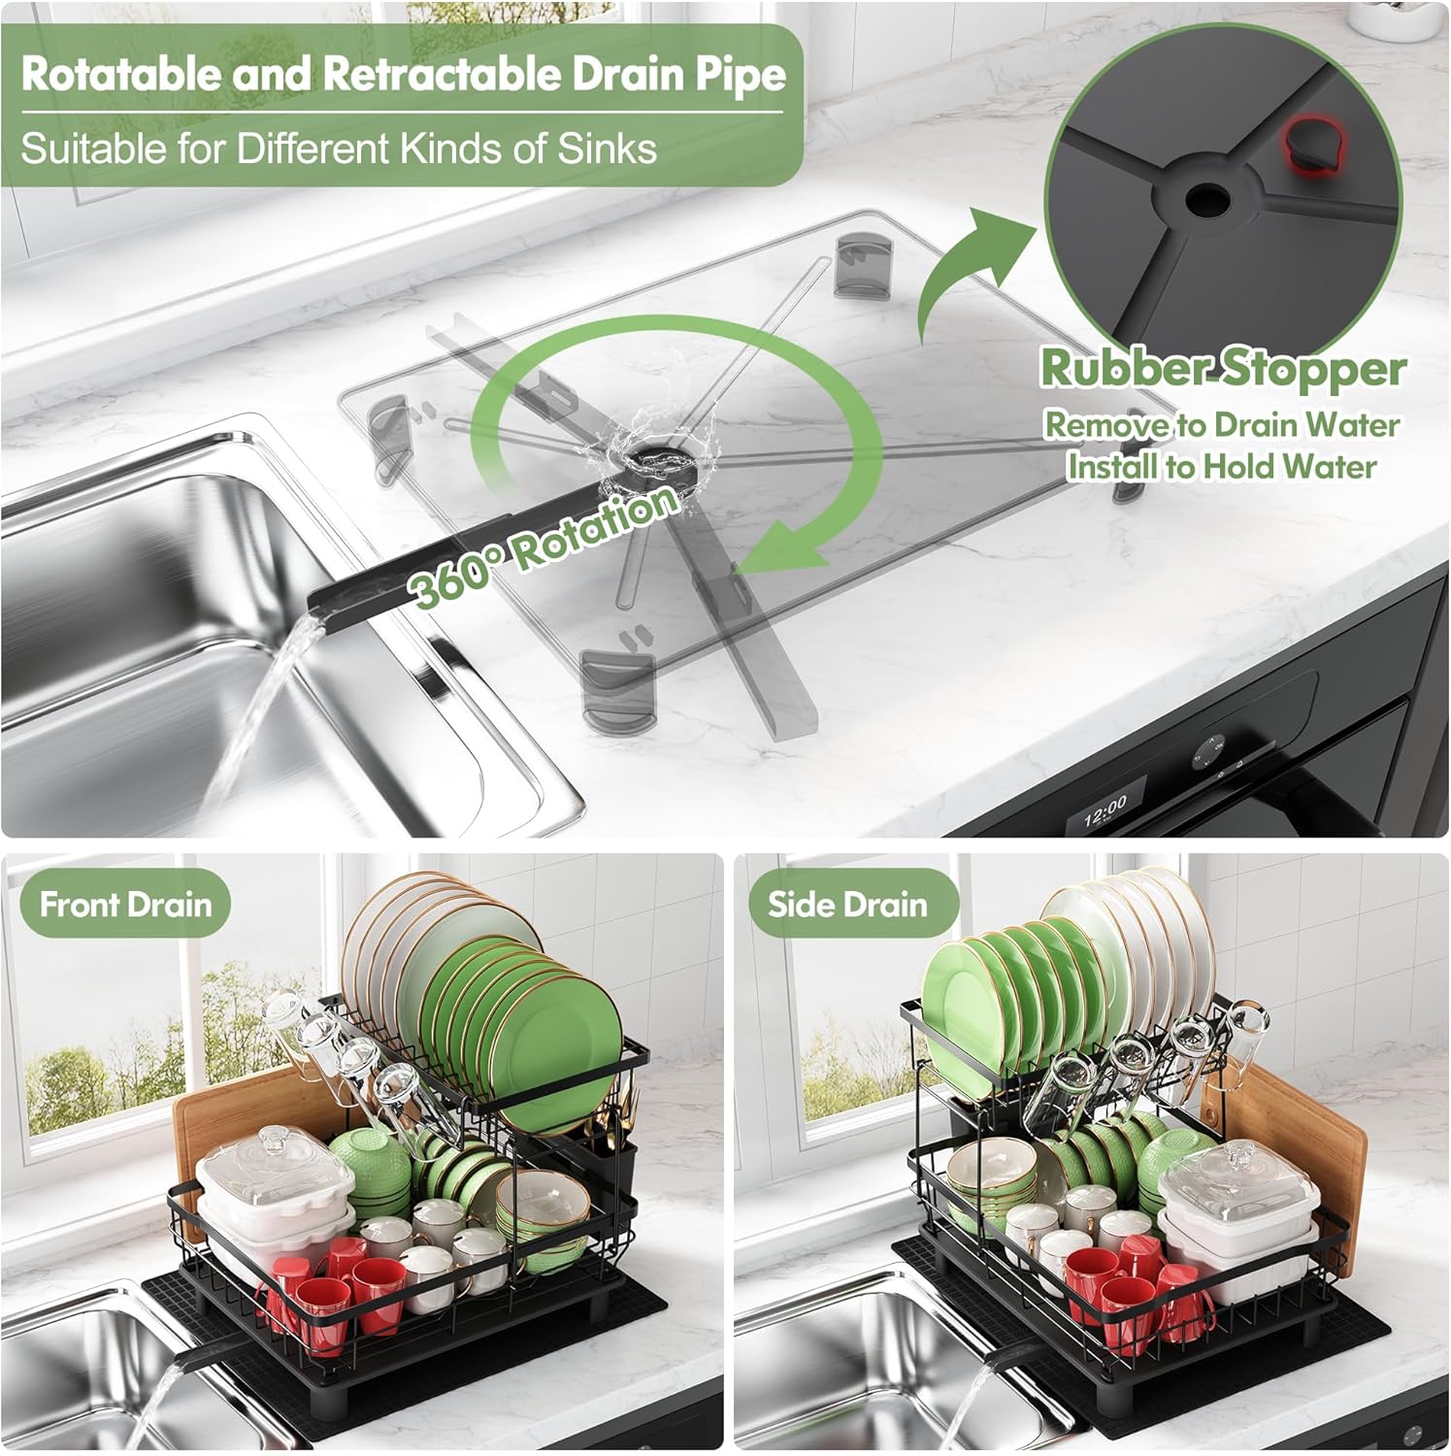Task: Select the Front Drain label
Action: [125, 905]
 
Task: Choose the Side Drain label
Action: [847, 905]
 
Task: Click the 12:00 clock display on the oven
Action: [1105, 808]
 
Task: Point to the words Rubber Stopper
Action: [1223, 367]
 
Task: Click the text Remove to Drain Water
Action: [1221, 425]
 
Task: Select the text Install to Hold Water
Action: [1222, 467]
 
